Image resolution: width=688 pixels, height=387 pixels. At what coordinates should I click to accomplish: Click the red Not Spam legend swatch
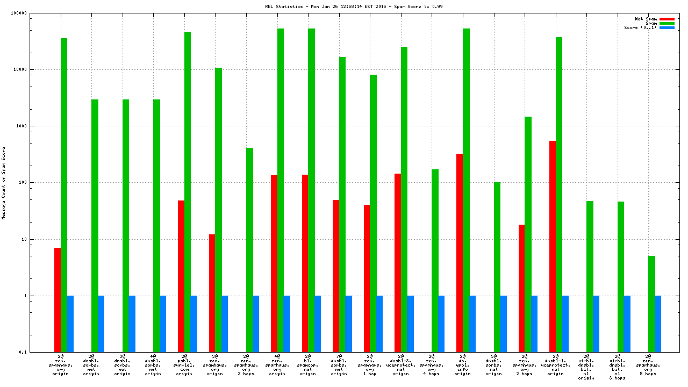[x=666, y=19]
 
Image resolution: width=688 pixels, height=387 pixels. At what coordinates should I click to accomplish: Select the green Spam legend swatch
[x=666, y=23]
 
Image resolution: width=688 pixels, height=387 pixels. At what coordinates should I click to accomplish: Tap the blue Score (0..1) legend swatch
[x=666, y=27]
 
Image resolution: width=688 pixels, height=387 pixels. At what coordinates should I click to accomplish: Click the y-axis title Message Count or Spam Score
[x=4, y=183]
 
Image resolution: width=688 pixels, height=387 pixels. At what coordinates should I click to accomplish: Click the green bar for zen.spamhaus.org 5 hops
[x=651, y=304]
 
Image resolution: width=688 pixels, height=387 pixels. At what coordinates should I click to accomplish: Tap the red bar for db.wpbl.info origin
[x=460, y=253]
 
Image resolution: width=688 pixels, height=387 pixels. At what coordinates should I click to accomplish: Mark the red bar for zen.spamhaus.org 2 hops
[x=521, y=288]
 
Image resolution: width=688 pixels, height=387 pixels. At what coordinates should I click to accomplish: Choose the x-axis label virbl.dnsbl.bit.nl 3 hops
[x=618, y=367]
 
